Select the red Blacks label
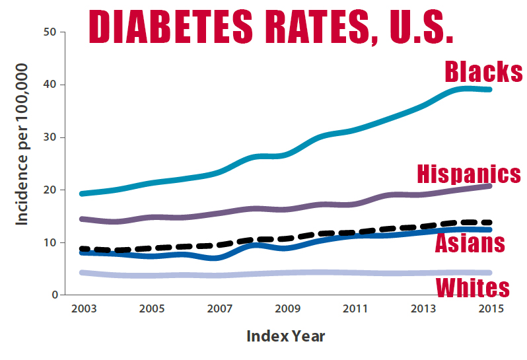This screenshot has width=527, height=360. click(483, 71)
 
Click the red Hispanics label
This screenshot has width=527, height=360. click(469, 174)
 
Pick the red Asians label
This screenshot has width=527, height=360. click(470, 243)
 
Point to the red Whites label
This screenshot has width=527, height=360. click(473, 287)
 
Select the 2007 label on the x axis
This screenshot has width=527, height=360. click(218, 308)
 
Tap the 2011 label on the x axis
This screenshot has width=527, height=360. click(355, 308)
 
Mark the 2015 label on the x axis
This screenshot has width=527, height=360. click(491, 308)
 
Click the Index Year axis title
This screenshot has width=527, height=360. click(285, 336)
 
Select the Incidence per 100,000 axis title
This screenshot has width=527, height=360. click(22, 144)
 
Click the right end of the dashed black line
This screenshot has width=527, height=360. click(489, 223)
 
